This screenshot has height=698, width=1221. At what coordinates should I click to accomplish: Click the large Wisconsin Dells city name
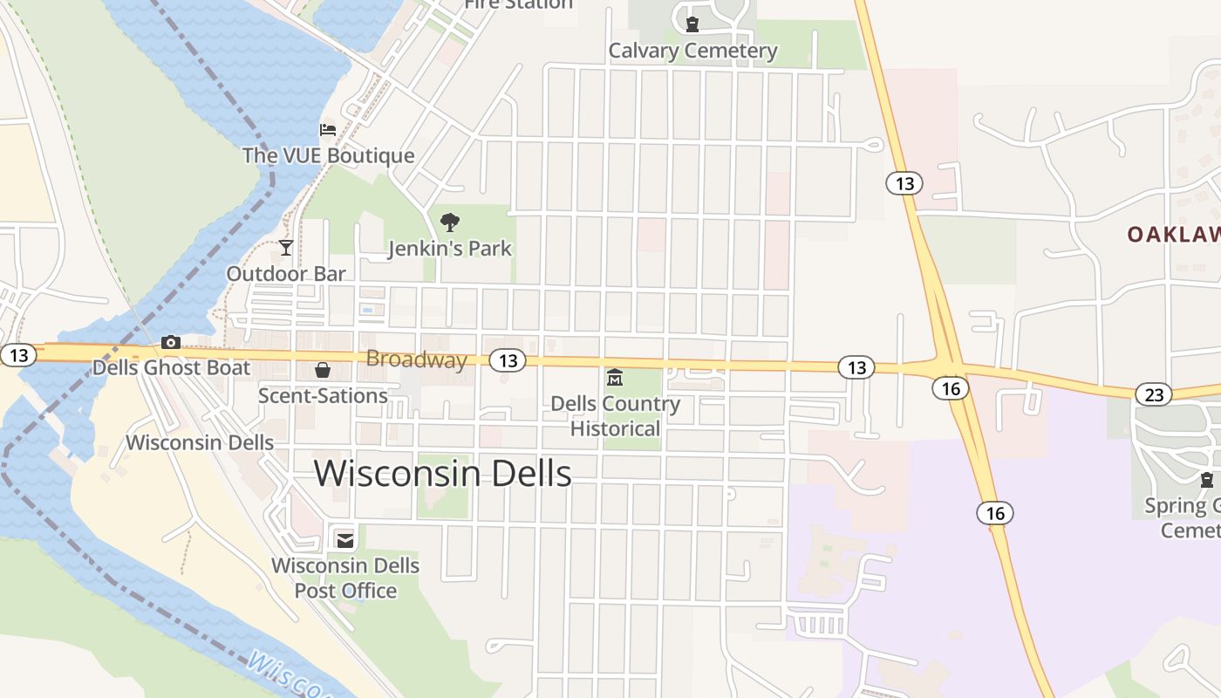442,474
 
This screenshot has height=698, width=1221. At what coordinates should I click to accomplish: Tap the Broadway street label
416,359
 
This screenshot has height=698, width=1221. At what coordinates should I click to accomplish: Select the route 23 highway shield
1153,395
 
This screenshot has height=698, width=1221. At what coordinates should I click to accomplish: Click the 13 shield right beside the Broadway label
508,360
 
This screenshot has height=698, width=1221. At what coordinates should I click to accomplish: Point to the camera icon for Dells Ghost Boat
171,342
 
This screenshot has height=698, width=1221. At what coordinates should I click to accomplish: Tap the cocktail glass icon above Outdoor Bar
285,248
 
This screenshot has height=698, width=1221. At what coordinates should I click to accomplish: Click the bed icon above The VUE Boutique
328,130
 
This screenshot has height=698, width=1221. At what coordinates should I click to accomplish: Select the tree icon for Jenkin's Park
449,222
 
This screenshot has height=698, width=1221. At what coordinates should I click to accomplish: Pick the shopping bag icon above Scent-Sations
323,370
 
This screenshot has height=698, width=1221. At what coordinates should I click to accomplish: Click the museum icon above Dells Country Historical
615,378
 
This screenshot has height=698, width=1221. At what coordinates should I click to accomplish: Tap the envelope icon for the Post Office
345,540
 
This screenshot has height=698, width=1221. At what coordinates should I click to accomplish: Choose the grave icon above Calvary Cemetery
692,24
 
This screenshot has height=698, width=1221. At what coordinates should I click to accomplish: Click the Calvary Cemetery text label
692,51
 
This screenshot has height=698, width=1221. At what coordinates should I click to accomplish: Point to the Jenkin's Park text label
449,249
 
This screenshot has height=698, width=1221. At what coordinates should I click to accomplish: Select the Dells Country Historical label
615,416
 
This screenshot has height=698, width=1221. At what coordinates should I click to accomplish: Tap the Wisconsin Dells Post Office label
345,578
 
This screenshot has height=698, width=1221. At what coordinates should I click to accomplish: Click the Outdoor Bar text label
286,274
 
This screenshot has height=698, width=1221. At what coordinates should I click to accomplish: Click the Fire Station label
518,4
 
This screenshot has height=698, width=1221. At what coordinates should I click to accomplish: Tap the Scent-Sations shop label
323,396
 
